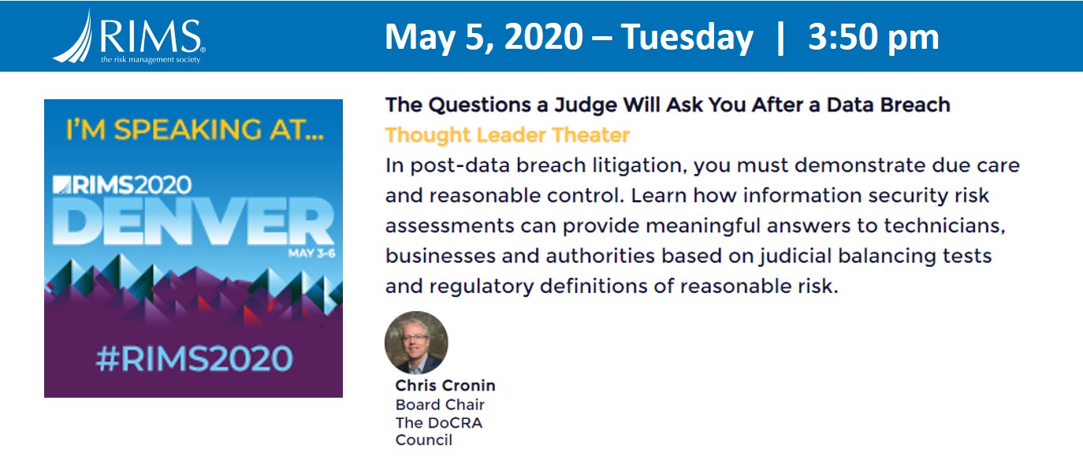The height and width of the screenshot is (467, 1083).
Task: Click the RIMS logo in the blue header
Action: tap(129, 37)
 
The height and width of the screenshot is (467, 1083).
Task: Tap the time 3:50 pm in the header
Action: tap(873, 37)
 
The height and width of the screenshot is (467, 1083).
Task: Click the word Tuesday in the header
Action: tap(687, 37)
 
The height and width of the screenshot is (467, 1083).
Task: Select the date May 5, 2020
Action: tap(484, 37)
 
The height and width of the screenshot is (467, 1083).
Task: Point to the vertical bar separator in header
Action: tap(780, 37)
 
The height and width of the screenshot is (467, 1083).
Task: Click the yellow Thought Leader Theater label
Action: tap(507, 135)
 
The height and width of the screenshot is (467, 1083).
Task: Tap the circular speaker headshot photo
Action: tap(416, 343)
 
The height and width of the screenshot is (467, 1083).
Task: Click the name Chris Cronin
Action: tap(445, 385)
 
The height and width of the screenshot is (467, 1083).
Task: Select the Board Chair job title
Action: tap(440, 405)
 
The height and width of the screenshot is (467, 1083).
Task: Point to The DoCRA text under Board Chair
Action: tap(439, 423)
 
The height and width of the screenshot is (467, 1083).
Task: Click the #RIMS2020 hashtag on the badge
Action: tap(195, 359)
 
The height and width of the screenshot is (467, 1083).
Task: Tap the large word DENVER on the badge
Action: tap(193, 221)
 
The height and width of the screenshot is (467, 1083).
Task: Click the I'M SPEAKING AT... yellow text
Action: tap(195, 130)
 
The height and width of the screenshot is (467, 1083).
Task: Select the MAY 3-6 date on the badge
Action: tap(311, 253)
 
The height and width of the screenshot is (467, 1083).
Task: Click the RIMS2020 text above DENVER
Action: tap(122, 185)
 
